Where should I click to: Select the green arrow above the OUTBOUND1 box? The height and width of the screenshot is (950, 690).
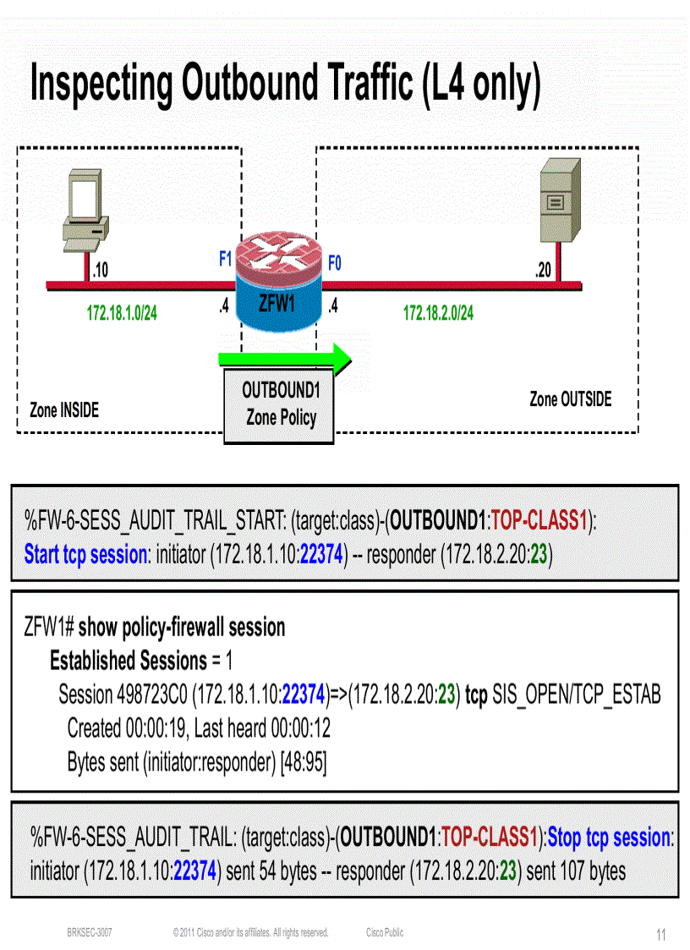click(x=283, y=358)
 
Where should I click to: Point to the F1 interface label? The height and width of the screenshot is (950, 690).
click(x=225, y=260)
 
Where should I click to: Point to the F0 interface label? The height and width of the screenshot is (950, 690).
click(x=335, y=262)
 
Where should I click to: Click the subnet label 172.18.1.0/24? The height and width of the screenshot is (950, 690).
click(x=122, y=314)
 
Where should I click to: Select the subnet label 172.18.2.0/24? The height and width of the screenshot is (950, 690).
click(x=438, y=314)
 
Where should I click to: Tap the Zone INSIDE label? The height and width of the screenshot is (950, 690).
click(x=64, y=410)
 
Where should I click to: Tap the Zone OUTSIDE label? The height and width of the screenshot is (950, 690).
click(x=570, y=399)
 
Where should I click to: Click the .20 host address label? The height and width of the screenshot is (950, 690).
click(x=542, y=271)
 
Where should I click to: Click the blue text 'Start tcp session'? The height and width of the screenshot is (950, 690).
click(x=85, y=555)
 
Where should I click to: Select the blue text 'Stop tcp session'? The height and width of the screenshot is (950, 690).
click(x=609, y=837)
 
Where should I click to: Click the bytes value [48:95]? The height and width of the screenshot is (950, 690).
click(x=304, y=761)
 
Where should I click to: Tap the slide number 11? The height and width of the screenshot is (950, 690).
click(x=661, y=935)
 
